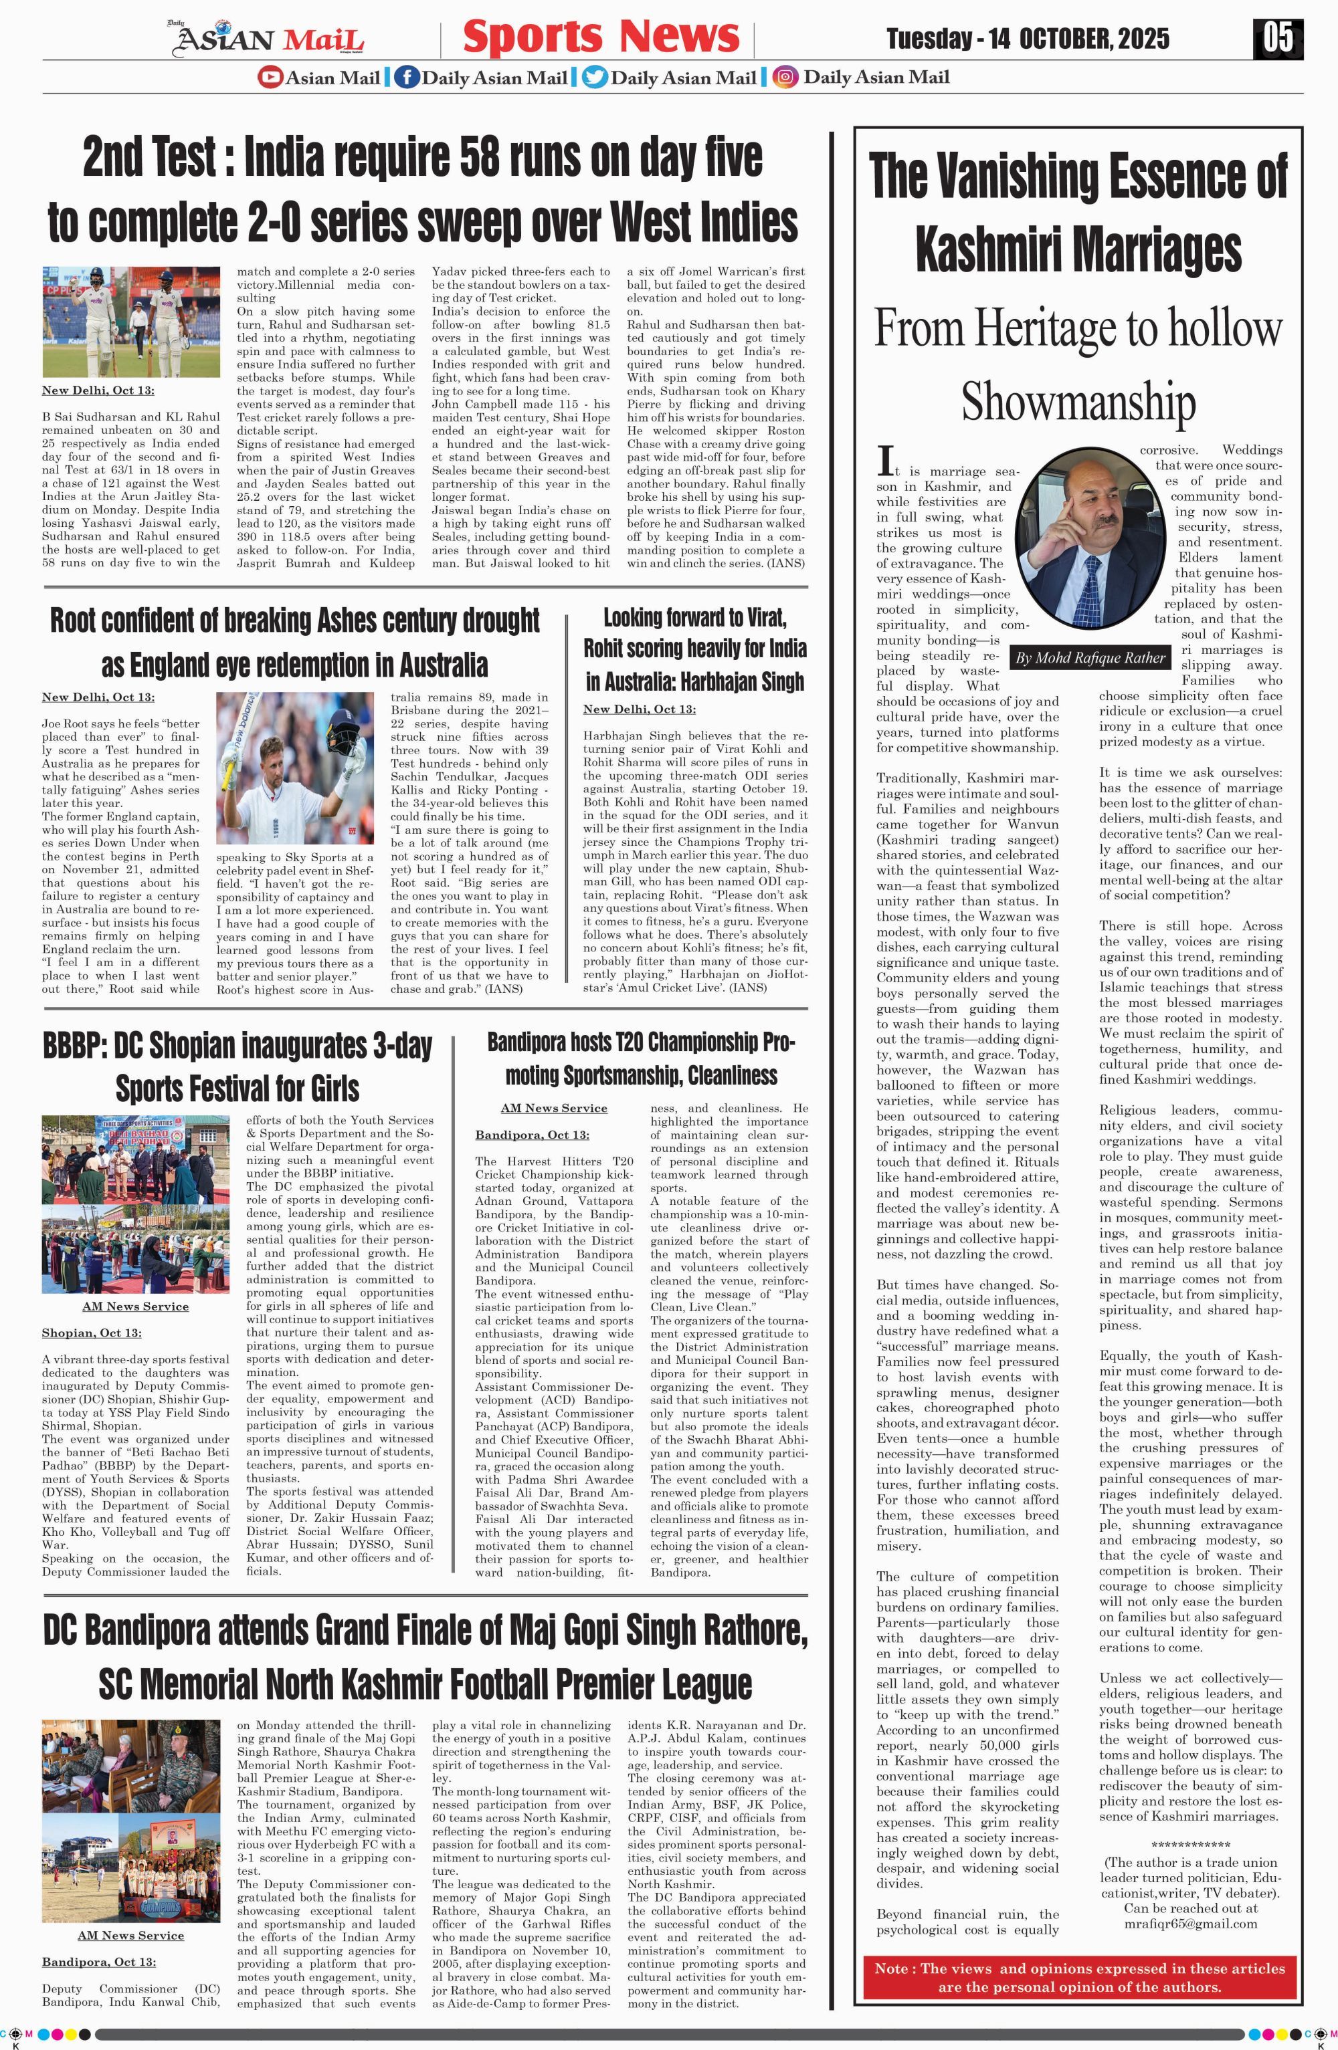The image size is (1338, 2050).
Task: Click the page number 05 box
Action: tap(1278, 38)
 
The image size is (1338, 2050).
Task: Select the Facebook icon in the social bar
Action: tap(407, 78)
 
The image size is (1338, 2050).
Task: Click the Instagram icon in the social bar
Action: tap(784, 78)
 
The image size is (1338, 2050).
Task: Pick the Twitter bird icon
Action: tap(595, 78)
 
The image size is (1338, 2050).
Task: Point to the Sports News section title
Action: tap(601, 37)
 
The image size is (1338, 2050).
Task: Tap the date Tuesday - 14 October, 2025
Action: tap(1027, 39)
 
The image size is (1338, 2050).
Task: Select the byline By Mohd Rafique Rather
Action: tap(1090, 658)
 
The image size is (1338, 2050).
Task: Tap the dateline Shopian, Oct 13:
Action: tap(92, 1333)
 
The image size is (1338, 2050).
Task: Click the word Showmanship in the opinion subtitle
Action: tap(1078, 401)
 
